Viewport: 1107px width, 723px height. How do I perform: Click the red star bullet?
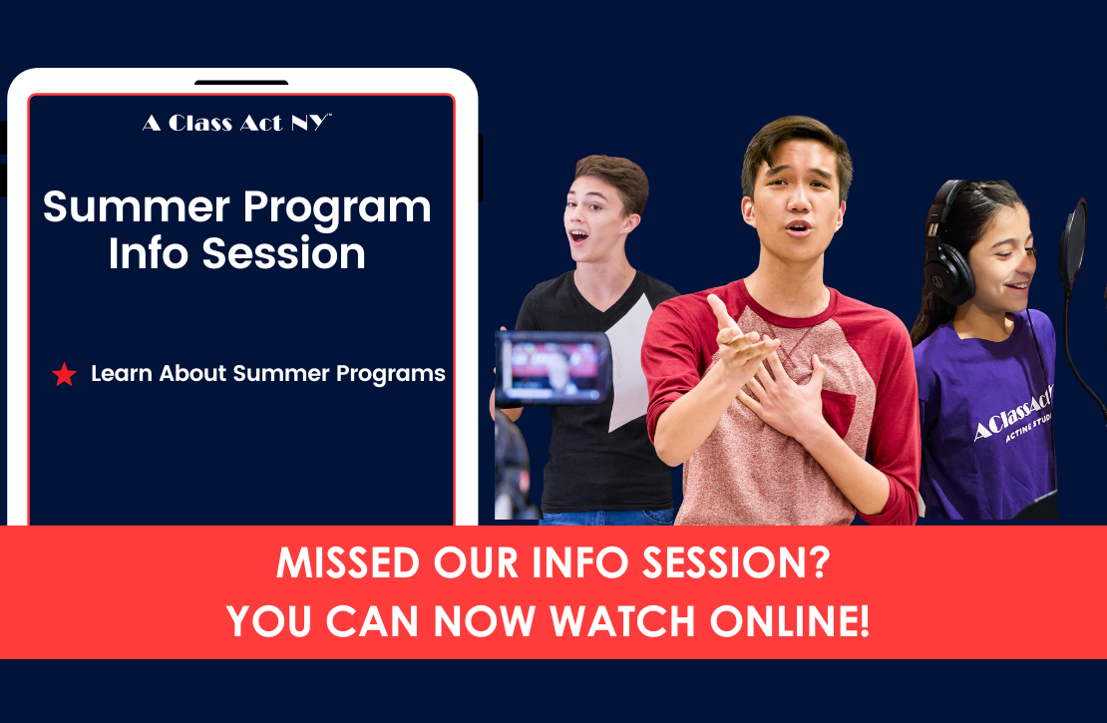pos(64,374)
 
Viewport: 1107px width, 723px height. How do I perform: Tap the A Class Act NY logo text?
pos(236,123)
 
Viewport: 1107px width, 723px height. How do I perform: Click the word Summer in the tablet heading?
pos(137,208)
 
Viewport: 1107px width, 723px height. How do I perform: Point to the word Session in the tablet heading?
pos(284,253)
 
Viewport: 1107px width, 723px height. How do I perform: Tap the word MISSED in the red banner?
pos(348,562)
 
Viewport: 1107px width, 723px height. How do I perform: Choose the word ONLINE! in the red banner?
pos(789,621)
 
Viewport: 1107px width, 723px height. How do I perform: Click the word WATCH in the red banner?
pos(622,621)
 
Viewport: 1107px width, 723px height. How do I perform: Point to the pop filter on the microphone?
pos(1073,243)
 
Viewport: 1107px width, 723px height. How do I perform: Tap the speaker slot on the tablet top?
pos(241,83)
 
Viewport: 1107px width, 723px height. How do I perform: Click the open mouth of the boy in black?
pos(578,235)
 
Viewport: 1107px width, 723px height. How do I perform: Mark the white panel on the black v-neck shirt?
pos(628,364)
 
